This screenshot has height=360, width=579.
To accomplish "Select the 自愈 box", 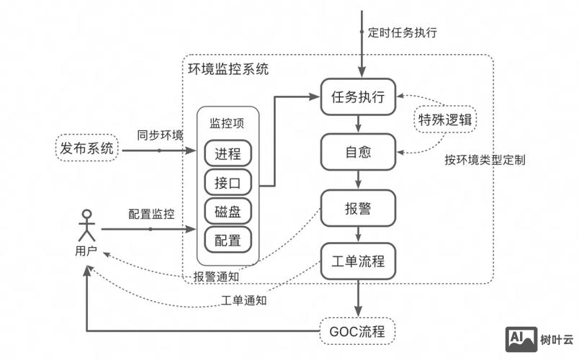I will click(x=358, y=153).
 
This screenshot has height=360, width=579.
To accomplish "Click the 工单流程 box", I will click(x=358, y=261).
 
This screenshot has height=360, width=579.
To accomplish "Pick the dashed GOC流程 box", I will click(x=358, y=332).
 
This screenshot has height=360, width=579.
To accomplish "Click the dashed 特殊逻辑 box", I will click(x=445, y=120).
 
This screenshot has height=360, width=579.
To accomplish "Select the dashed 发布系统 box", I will click(x=87, y=149).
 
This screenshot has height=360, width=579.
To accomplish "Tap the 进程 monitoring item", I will click(x=228, y=154).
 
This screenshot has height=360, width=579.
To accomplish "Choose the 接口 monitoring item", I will click(x=228, y=182).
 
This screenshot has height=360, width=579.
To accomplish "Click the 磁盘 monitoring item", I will click(x=228, y=210).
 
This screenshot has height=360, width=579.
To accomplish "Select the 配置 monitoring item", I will click(x=228, y=239).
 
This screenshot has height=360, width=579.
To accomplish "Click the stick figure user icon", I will click(x=87, y=225).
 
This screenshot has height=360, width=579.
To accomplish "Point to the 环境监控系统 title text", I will click(x=228, y=70).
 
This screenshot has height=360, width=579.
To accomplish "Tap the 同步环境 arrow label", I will click(x=160, y=135).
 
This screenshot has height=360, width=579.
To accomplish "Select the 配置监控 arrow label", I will click(x=151, y=214).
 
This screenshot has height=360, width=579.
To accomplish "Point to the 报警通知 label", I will click(x=216, y=276).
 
